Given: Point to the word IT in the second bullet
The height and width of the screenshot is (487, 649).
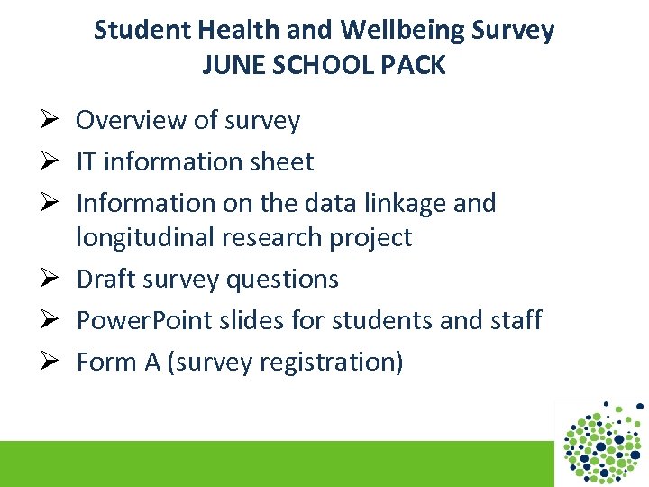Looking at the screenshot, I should (87, 162).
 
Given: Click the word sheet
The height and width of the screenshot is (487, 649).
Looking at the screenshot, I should (283, 162).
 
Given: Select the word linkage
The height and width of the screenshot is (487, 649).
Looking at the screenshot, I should (405, 204).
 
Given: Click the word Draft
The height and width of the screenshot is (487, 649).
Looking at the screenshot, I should (105, 280).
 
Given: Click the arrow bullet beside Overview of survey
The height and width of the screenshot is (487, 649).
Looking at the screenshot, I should (50, 121).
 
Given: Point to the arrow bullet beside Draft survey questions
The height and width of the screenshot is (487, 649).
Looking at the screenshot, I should (50, 280).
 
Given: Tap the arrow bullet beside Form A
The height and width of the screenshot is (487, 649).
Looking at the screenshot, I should (50, 363).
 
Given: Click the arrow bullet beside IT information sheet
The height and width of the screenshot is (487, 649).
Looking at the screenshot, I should (50, 162).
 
